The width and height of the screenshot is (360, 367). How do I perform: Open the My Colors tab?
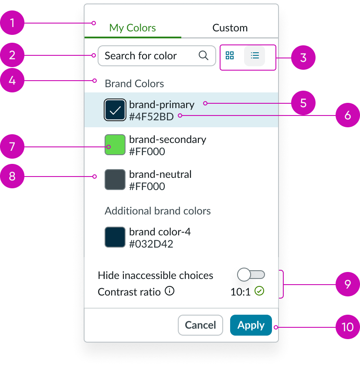pyautogui.click(x=132, y=28)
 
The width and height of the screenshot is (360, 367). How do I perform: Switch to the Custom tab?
pyautogui.click(x=230, y=28)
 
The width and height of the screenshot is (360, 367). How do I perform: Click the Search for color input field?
pyautogui.click(x=148, y=56)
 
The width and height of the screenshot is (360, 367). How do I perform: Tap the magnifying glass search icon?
pyautogui.click(x=204, y=56)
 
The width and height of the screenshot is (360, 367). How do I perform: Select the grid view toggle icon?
pyautogui.click(x=230, y=56)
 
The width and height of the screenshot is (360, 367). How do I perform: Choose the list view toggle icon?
pyautogui.click(x=255, y=56)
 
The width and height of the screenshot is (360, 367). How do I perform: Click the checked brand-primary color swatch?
pyautogui.click(x=115, y=110)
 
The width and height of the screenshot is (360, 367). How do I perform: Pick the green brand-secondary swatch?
pyautogui.click(x=115, y=145)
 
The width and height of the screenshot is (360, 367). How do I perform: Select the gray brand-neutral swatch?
pyautogui.click(x=115, y=180)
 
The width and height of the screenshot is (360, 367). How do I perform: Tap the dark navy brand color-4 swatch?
pyautogui.click(x=115, y=237)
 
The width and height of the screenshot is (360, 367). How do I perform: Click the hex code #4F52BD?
pyautogui.click(x=151, y=116)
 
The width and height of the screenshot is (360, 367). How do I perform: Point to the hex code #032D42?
pyautogui.click(x=151, y=244)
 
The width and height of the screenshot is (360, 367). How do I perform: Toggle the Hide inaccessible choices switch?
pyautogui.click(x=251, y=275)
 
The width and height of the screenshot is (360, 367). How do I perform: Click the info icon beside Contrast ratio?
pyautogui.click(x=170, y=291)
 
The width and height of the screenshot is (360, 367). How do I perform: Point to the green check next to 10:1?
pyautogui.click(x=260, y=291)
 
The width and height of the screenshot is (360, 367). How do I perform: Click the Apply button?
pyautogui.click(x=251, y=325)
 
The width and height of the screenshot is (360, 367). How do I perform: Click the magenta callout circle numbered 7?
pyautogui.click(x=12, y=146)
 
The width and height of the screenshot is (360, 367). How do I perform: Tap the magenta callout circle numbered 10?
pyautogui.click(x=347, y=326)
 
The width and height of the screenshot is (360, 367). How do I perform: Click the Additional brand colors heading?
pyautogui.click(x=158, y=211)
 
